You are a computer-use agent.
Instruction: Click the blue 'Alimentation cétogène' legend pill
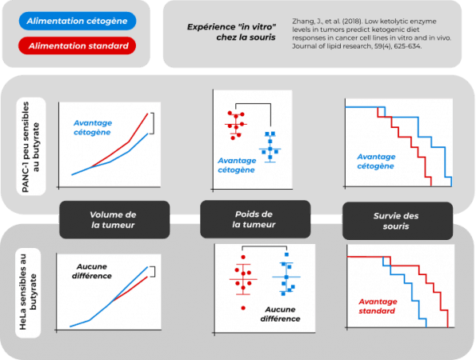coord(78,21)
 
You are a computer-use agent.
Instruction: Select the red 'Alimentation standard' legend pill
coord(77,46)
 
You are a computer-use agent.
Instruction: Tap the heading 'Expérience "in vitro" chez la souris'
coord(231,32)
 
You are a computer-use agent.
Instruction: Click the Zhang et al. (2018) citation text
coord(371,34)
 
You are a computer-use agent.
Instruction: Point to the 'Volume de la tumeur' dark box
coord(114,220)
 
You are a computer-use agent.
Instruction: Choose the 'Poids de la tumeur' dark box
coord(255,219)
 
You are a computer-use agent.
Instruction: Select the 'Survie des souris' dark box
coord(398,221)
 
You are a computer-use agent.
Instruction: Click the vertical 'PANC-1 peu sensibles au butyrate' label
coord(30,146)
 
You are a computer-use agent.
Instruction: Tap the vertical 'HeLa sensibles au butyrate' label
coord(28,293)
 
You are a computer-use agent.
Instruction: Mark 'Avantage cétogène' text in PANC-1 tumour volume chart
coord(93,127)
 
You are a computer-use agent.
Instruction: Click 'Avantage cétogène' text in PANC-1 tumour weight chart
coord(237,165)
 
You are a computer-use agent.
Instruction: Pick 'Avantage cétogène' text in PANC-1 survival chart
coord(376,162)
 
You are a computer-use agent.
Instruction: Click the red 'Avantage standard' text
coord(378,306)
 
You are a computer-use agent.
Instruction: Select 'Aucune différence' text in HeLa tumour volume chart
coord(92,271)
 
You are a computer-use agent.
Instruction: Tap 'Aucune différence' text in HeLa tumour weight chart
coord(280,314)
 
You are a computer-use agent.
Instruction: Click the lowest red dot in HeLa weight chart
coord(243,308)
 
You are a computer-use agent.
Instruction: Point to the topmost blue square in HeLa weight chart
coord(286,254)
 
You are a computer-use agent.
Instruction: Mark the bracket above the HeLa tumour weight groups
coord(265,246)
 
